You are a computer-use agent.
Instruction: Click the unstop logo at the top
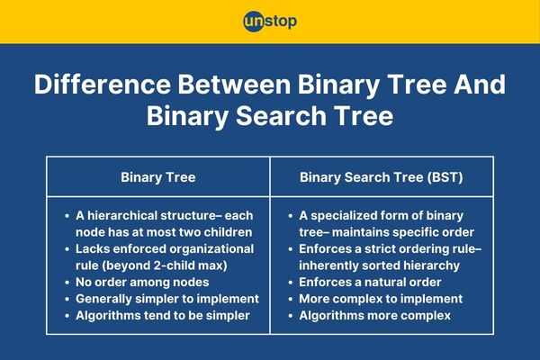pos(270,22)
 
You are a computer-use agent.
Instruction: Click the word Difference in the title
pos(103,85)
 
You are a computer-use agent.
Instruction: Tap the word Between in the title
pos(234,85)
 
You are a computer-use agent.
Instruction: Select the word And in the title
pos(480,85)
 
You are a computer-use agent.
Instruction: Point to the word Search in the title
pos(281,116)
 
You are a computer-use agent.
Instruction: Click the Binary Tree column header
pos(158,177)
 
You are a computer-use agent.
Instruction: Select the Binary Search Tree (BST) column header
pos(382,177)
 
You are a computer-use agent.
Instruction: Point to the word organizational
pos(211,249)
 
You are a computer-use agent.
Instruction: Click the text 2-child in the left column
pos(170,265)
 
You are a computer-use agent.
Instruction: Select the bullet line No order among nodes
pos(142,283)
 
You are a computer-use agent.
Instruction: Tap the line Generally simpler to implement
pos(167,299)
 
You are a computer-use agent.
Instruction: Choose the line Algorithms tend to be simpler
pos(163,316)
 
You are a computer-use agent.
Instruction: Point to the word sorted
pos(381,265)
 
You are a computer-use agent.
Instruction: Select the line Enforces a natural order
pos(370,283)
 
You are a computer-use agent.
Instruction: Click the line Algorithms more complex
pos(374,316)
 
